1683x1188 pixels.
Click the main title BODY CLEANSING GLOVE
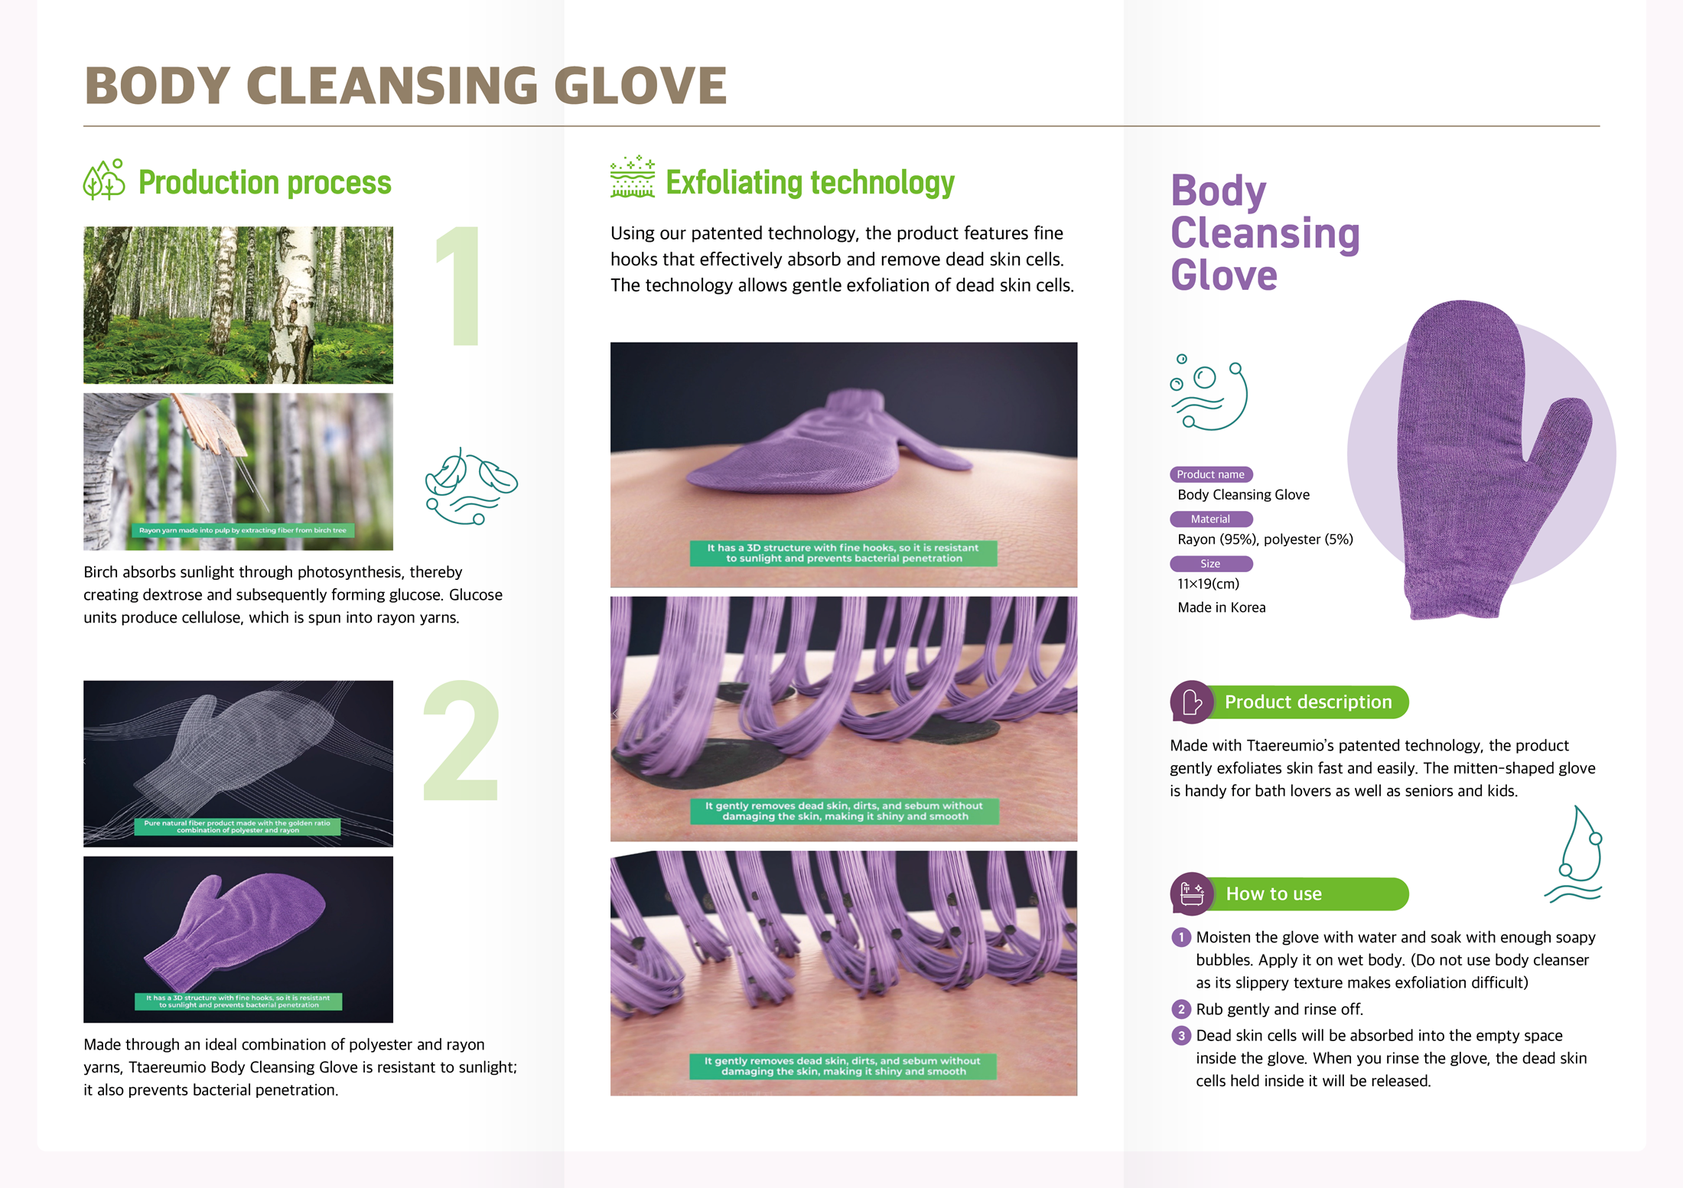[405, 85]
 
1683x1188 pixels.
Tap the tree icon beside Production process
[104, 180]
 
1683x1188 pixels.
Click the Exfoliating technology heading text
[810, 183]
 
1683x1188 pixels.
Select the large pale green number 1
[459, 285]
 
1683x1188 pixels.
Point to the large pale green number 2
[461, 740]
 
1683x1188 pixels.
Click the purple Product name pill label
[1211, 474]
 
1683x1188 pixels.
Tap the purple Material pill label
[1211, 519]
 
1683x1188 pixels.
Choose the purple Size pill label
[1211, 564]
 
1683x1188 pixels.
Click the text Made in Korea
[1222, 607]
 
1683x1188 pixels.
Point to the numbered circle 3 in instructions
[1181, 1036]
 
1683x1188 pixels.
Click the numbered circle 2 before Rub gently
[1181, 1009]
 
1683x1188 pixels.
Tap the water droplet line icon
[1574, 854]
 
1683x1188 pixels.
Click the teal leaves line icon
[470, 487]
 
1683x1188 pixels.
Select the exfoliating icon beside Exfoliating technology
[633, 177]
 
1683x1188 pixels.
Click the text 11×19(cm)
[1208, 584]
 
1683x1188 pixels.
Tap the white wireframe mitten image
[238, 763]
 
